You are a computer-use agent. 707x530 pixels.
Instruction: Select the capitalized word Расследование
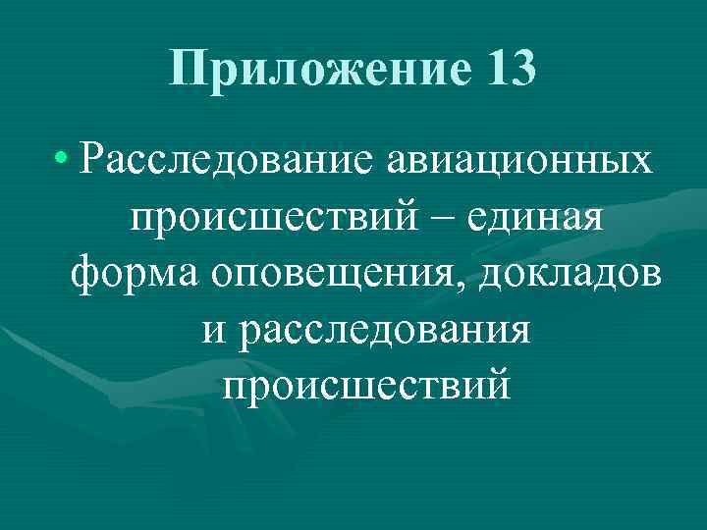(223, 159)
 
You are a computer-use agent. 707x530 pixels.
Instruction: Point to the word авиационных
(516, 159)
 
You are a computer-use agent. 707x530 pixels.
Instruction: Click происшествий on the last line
(366, 385)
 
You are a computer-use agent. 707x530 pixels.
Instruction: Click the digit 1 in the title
(494, 70)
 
